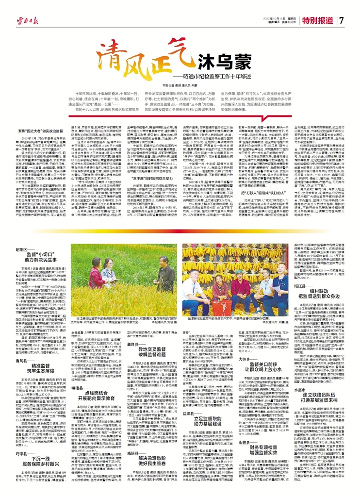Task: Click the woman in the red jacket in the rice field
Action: coord(97,274)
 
